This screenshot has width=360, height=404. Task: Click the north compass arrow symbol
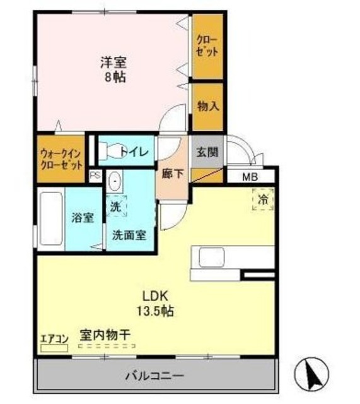[313, 374]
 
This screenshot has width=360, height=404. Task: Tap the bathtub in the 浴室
[50, 220]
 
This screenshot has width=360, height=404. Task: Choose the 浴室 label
[83, 218]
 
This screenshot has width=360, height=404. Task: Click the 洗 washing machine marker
[115, 205]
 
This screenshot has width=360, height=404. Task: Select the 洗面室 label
[129, 235]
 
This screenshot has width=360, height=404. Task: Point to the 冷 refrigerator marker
[263, 198]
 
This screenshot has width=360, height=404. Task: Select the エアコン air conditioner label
[53, 337]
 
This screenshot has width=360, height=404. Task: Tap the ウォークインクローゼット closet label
[61, 159]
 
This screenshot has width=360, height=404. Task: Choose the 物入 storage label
[207, 105]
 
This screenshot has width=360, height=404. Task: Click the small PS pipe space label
[95, 176]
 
